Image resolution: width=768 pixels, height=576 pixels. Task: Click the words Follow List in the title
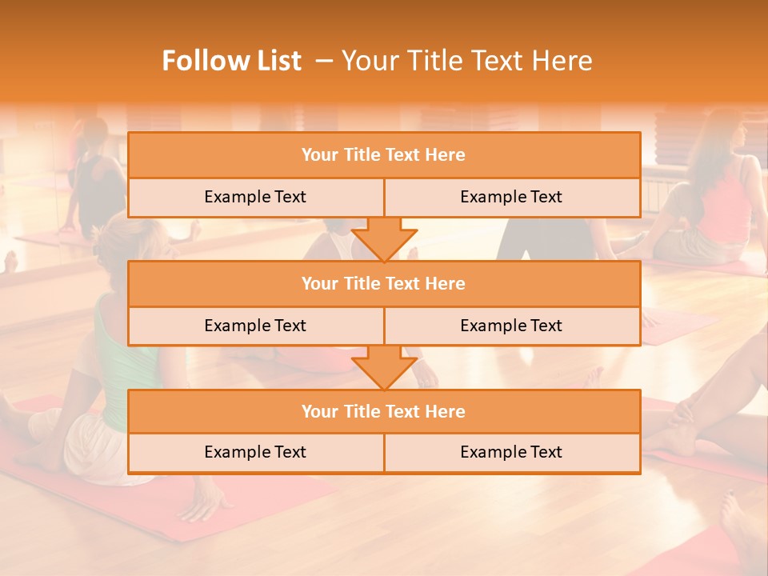(231, 61)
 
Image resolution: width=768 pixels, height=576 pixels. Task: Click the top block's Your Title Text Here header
(383, 155)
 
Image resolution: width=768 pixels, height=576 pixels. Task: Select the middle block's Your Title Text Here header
(383, 283)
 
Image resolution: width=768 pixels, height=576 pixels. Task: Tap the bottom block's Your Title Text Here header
(383, 411)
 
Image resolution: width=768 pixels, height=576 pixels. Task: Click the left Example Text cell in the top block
(255, 197)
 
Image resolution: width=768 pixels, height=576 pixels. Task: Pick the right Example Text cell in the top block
(511, 197)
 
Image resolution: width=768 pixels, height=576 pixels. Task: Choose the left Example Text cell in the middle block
(255, 326)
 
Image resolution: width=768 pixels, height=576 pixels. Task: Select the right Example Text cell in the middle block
(511, 326)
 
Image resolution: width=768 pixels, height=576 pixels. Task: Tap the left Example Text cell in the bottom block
(255, 452)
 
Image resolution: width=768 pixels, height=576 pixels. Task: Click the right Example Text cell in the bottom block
(511, 452)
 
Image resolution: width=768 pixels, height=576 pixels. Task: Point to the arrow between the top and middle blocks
(384, 239)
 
